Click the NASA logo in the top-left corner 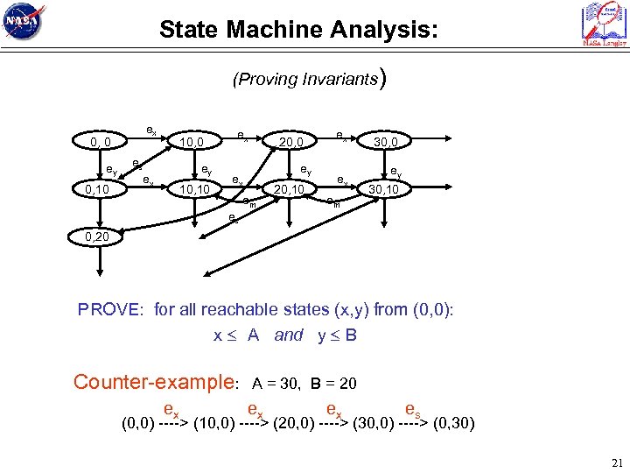25,25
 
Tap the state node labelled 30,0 385,141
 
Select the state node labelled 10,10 193,189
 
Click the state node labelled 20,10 290,189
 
